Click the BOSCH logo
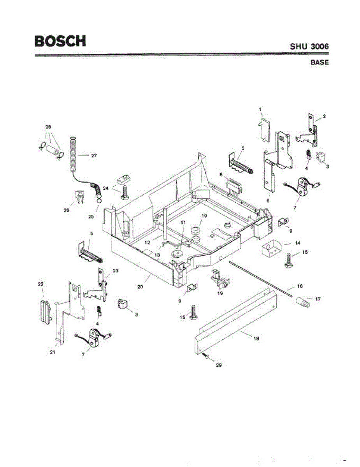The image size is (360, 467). [60, 41]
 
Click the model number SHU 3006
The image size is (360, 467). [309, 46]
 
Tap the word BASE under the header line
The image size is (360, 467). [320, 62]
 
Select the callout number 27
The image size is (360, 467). [94, 155]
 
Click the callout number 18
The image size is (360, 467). [256, 338]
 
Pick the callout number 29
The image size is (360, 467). [219, 365]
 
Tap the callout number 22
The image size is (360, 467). [40, 284]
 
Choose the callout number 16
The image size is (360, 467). [299, 287]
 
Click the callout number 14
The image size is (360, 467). [297, 243]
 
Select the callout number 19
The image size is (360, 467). [220, 293]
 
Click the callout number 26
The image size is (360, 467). [67, 210]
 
